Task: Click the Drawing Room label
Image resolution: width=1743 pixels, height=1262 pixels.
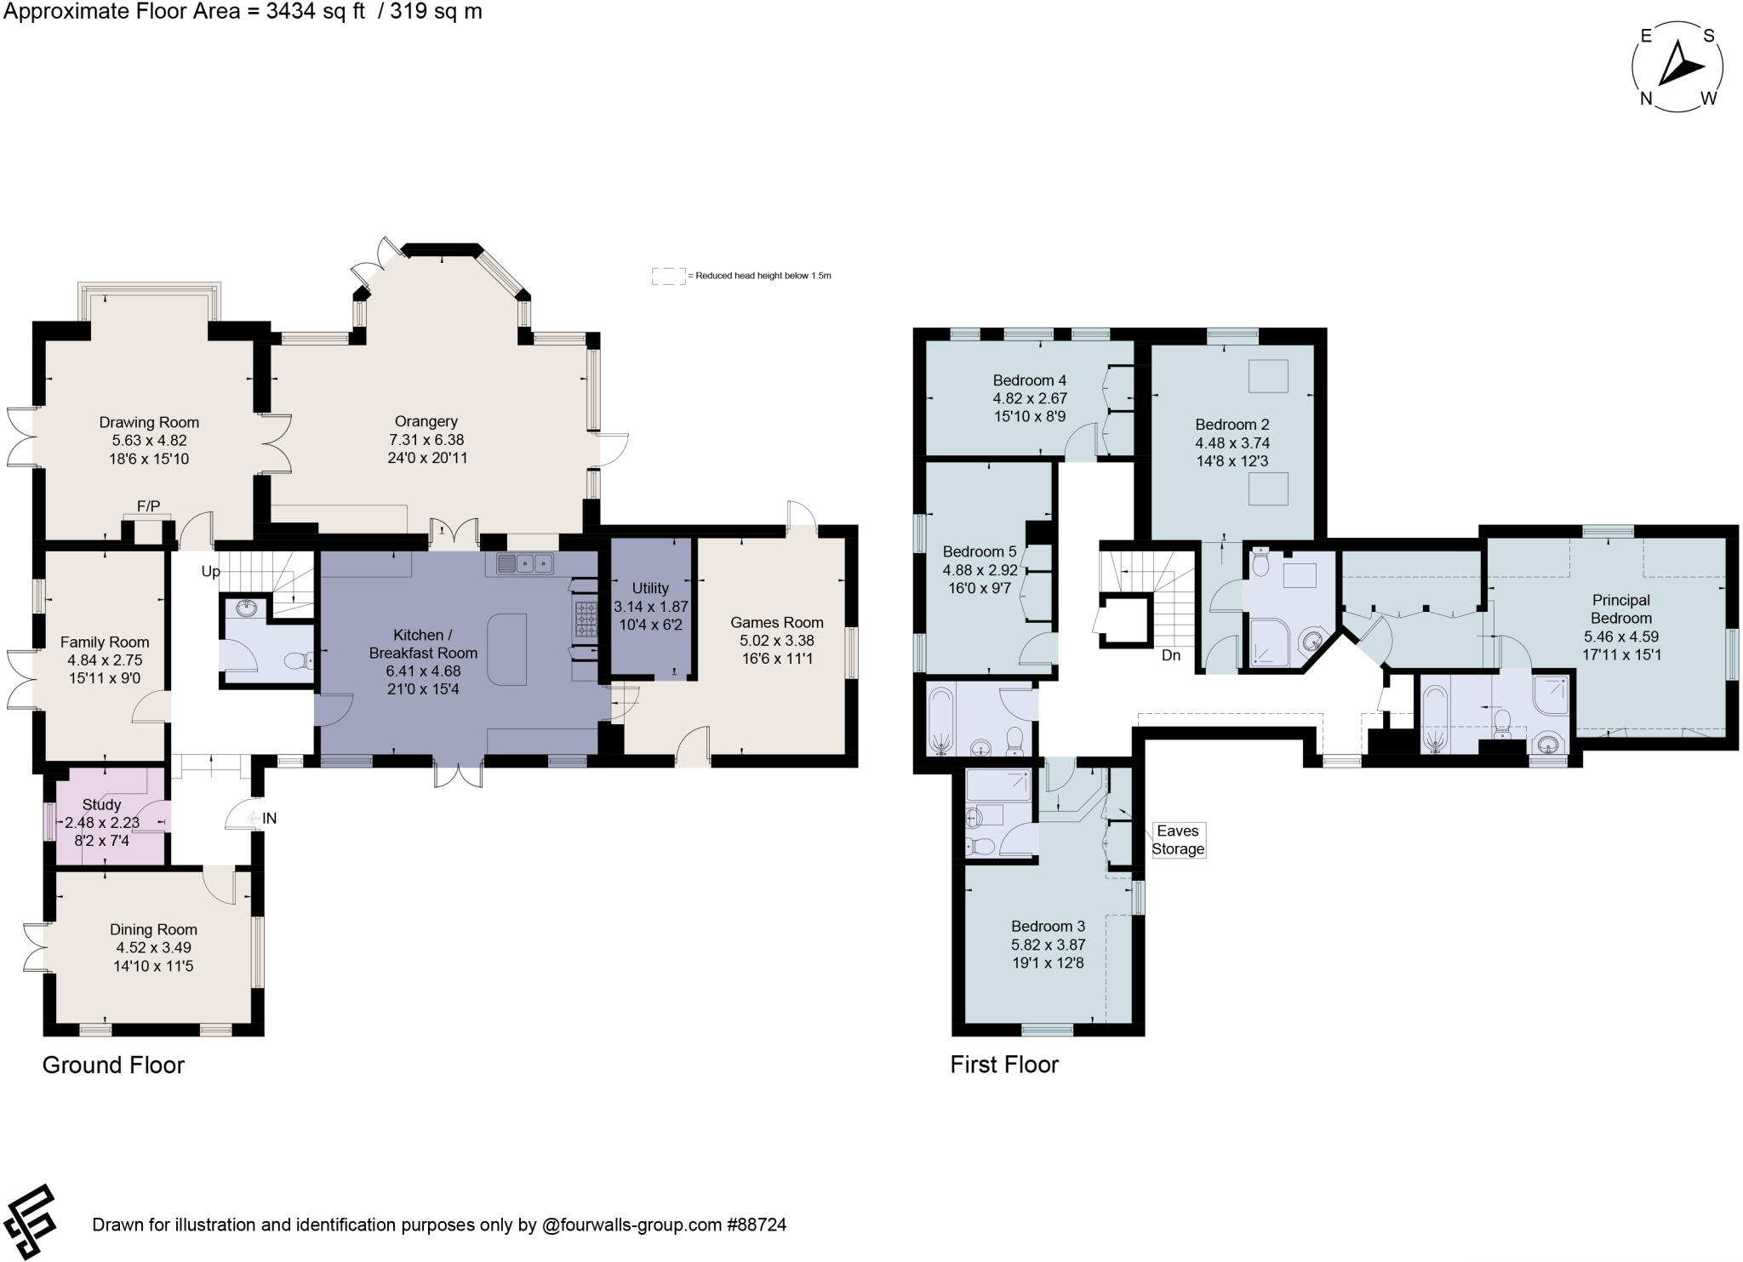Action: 149,422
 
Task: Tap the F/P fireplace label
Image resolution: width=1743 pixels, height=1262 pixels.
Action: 148,506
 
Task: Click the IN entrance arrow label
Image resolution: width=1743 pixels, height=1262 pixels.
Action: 269,819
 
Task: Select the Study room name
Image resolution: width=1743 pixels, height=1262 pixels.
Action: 101,804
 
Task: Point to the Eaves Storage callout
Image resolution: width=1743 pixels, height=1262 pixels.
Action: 1177,840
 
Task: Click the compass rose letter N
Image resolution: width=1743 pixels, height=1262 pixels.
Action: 1646,99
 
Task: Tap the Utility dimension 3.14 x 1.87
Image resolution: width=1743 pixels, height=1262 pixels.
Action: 651,607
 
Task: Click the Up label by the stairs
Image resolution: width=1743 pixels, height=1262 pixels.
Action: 210,571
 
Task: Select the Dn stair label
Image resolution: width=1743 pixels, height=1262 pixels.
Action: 1171,655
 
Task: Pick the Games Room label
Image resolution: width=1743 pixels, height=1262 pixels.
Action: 776,622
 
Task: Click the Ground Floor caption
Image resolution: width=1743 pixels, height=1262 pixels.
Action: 113,1065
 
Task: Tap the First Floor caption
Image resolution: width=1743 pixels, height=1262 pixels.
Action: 1004,1065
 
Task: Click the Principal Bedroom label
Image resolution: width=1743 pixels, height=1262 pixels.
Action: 1620,609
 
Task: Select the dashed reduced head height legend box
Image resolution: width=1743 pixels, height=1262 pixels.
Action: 668,276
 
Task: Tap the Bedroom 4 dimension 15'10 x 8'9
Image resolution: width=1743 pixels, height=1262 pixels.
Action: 1029,416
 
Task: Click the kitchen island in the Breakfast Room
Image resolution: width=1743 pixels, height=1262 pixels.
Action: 507,650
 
